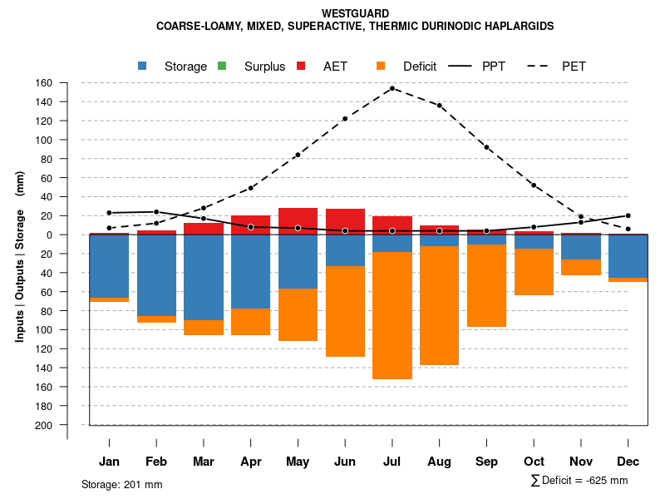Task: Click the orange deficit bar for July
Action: [x=392, y=315]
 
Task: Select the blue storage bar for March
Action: [x=204, y=278]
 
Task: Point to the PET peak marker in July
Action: [x=392, y=88]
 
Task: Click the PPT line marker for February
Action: [x=156, y=211]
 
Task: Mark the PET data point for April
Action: [x=251, y=188]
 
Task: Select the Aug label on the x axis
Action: [x=439, y=462]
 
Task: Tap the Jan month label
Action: [x=110, y=462]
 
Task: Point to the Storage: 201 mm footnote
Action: [x=122, y=484]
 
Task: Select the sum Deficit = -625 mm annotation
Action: [x=579, y=481]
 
